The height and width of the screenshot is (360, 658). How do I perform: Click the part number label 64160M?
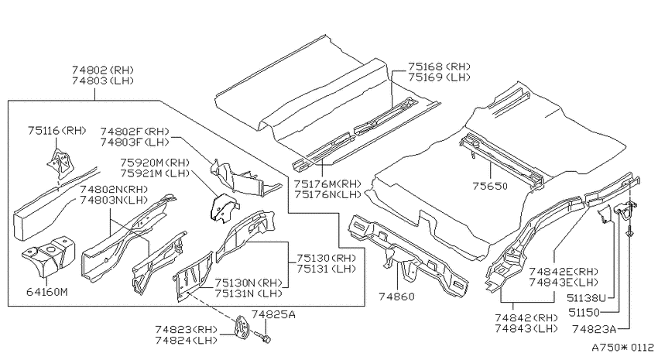[x=46, y=292]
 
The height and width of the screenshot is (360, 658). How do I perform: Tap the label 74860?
[x=396, y=297]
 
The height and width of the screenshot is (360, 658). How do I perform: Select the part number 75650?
[x=490, y=186]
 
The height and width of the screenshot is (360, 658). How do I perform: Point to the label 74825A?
[x=273, y=314]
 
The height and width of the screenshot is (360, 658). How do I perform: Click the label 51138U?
[x=586, y=298]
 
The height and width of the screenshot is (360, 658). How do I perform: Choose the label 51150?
[x=584, y=312]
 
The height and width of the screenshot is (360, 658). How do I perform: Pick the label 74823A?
[x=595, y=329]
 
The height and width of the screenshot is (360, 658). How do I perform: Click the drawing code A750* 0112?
[x=622, y=348]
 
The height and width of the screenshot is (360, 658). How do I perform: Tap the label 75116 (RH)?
[x=57, y=131]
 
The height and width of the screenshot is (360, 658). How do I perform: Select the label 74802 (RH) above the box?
[x=103, y=70]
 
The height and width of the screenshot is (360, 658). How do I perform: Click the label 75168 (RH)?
[x=440, y=67]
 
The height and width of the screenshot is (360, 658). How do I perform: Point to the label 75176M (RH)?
[x=327, y=183]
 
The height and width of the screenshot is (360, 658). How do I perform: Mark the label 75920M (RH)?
[x=155, y=163]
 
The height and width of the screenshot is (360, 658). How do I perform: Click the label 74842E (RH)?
[x=564, y=272]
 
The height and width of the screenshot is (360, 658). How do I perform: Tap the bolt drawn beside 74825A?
[x=263, y=336]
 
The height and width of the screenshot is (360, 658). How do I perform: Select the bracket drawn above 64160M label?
[x=47, y=257]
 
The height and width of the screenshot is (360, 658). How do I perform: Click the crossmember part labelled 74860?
[x=407, y=256]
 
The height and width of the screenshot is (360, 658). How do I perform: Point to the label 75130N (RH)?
[x=248, y=283]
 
